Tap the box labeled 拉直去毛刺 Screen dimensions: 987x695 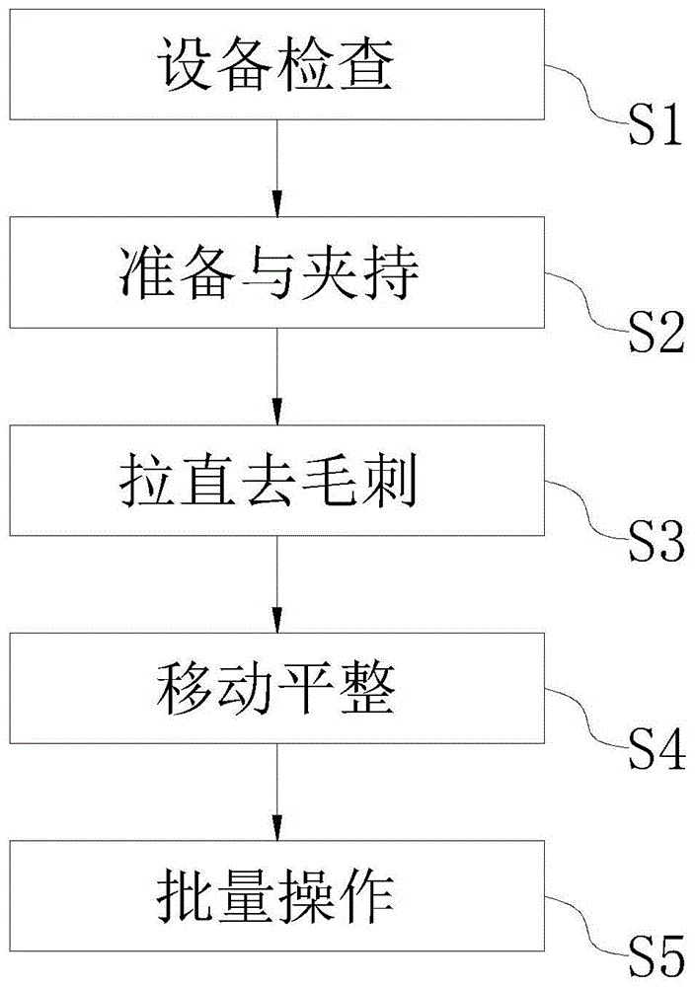(x=277, y=481)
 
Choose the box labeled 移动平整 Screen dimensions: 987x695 (x=277, y=688)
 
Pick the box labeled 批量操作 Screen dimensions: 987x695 (x=277, y=895)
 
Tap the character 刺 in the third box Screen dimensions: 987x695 (x=397, y=482)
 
